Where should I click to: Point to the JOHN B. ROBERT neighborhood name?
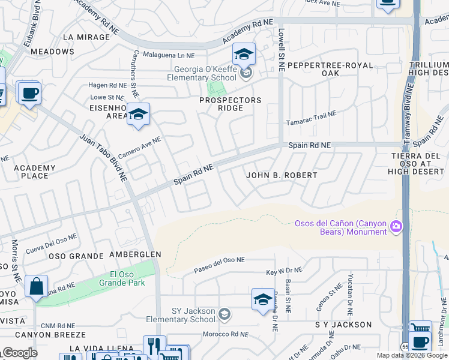[x=282, y=175]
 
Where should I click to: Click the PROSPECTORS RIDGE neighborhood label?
[x=231, y=104]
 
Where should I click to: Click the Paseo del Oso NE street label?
[x=219, y=265]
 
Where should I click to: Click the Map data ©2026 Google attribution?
[x=412, y=355]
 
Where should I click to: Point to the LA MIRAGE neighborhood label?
[x=86, y=37]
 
